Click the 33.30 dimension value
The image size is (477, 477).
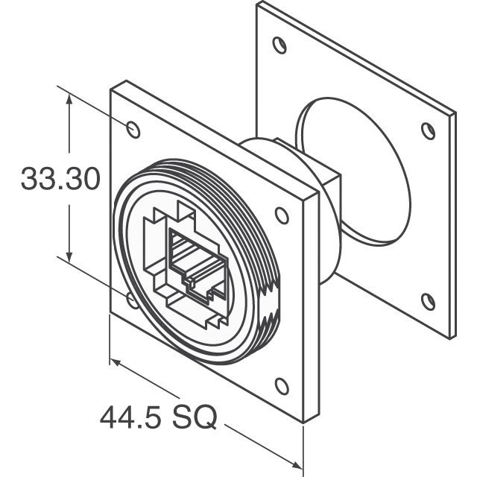coord(60,179)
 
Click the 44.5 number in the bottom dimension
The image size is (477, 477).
coord(130,417)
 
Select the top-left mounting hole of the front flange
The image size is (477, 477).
coord(133,129)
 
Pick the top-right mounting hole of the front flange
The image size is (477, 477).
coord(282,215)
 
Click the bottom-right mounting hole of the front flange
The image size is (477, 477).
coord(282,386)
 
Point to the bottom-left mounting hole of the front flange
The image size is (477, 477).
coord(132,300)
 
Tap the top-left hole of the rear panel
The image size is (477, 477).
coord(279,45)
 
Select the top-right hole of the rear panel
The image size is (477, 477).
coord(429,131)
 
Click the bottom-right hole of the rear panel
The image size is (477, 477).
coord(429,301)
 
